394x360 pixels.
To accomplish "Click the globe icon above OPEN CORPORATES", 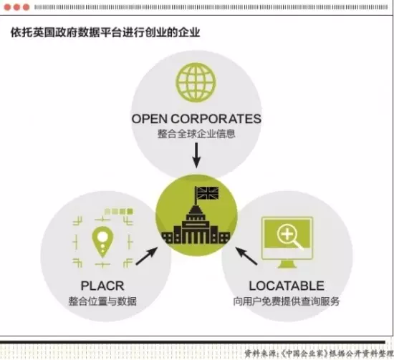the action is click(x=196, y=82).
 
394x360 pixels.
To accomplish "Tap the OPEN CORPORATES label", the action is click(x=196, y=119).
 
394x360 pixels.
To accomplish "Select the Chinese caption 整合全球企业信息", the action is click(x=196, y=134).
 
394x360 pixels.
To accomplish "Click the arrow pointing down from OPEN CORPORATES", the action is click(x=196, y=155).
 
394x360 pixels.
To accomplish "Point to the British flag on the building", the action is click(x=207, y=193).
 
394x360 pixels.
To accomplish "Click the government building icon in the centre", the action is click(x=196, y=221).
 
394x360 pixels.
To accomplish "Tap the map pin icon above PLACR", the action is click(x=102, y=242).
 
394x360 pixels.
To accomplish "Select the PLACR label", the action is click(x=102, y=286).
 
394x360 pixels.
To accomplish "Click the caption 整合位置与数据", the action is click(x=102, y=301).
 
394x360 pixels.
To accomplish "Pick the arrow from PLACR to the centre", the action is click(x=147, y=256).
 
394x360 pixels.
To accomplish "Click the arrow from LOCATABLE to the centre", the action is click(x=246, y=256).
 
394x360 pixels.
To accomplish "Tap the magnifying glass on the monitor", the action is click(x=289, y=237).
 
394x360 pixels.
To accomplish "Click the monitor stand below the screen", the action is click(x=287, y=264).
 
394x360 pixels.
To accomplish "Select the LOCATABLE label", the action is click(x=287, y=286).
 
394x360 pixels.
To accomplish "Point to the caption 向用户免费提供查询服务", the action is click(x=287, y=301).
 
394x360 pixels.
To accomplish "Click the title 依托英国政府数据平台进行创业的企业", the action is click(x=105, y=33).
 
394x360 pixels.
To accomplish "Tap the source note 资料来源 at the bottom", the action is click(x=319, y=354).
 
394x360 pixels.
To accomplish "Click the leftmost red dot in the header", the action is click(x=7, y=7).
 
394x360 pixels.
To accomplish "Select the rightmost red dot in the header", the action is click(x=26, y=7).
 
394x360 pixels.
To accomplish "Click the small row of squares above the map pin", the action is click(x=119, y=211).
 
